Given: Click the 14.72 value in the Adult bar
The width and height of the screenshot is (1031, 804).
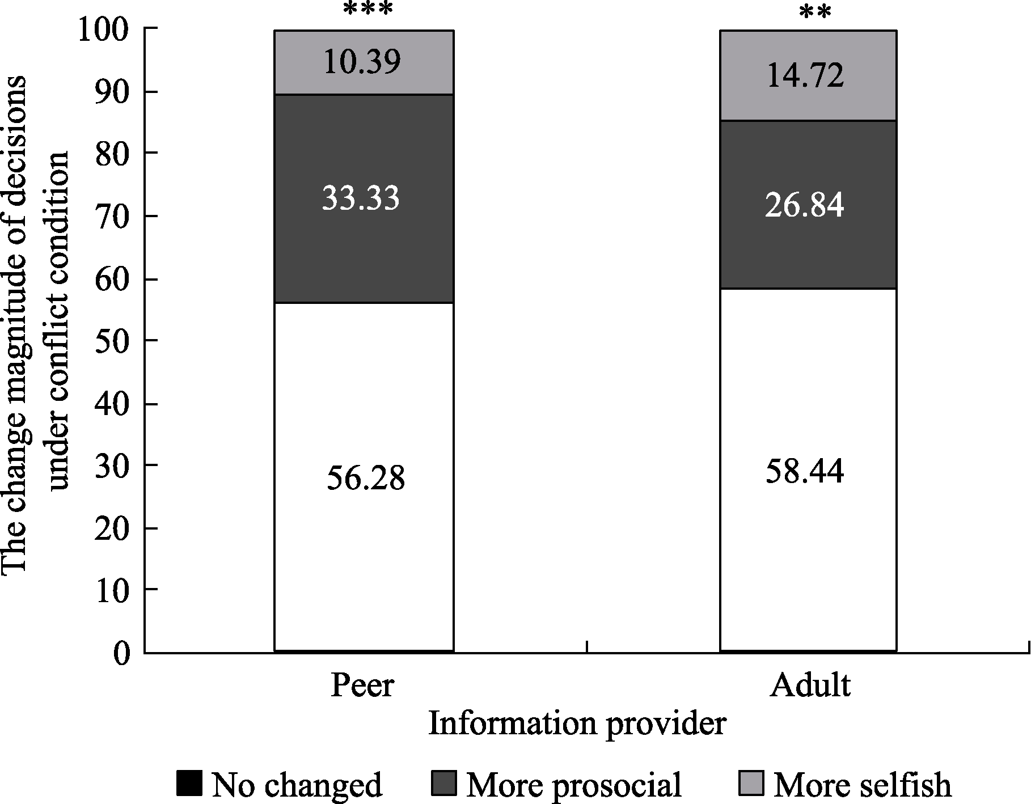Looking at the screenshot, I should (805, 75).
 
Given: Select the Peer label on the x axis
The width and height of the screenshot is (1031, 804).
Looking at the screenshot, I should (362, 685).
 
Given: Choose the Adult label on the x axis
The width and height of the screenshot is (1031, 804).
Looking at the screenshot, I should (810, 685).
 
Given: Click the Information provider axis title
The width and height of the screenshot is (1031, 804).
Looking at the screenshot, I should (577, 724).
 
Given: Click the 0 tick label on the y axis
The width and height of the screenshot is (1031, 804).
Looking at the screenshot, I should (121, 654).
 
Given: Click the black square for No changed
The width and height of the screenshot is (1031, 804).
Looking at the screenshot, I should (189, 783).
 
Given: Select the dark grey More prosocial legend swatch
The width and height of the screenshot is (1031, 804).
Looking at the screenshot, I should (443, 783).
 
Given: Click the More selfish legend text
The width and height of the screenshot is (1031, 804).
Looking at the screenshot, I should (862, 785).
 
